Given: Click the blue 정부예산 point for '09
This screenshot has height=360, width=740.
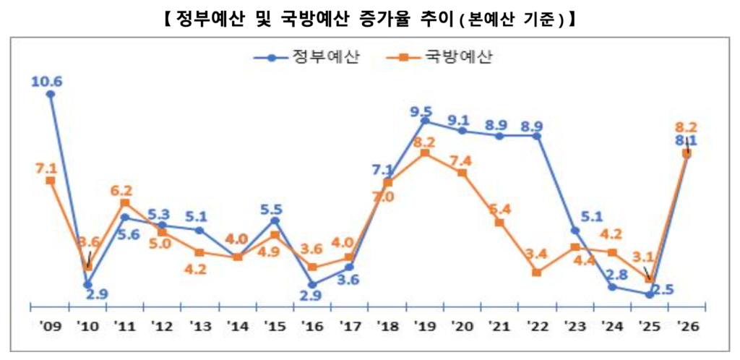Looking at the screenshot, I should [51, 94].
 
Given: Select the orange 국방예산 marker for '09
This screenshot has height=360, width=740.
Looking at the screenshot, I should [51, 180].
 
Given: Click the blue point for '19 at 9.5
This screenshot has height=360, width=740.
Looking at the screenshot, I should [425, 121].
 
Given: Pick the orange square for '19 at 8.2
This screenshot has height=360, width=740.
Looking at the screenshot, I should [425, 153].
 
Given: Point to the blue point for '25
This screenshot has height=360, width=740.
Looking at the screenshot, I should [649, 294].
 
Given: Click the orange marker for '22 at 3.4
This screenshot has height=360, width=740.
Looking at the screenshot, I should [536, 273].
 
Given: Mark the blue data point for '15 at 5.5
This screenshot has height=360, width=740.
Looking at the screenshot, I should [275, 220].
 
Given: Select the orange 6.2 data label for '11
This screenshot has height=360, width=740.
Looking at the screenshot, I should [121, 191].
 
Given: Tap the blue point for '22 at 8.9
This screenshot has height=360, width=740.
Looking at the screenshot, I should [536, 135].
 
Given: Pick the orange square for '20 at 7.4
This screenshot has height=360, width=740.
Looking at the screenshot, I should [462, 173].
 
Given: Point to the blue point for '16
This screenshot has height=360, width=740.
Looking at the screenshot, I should [312, 285].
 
